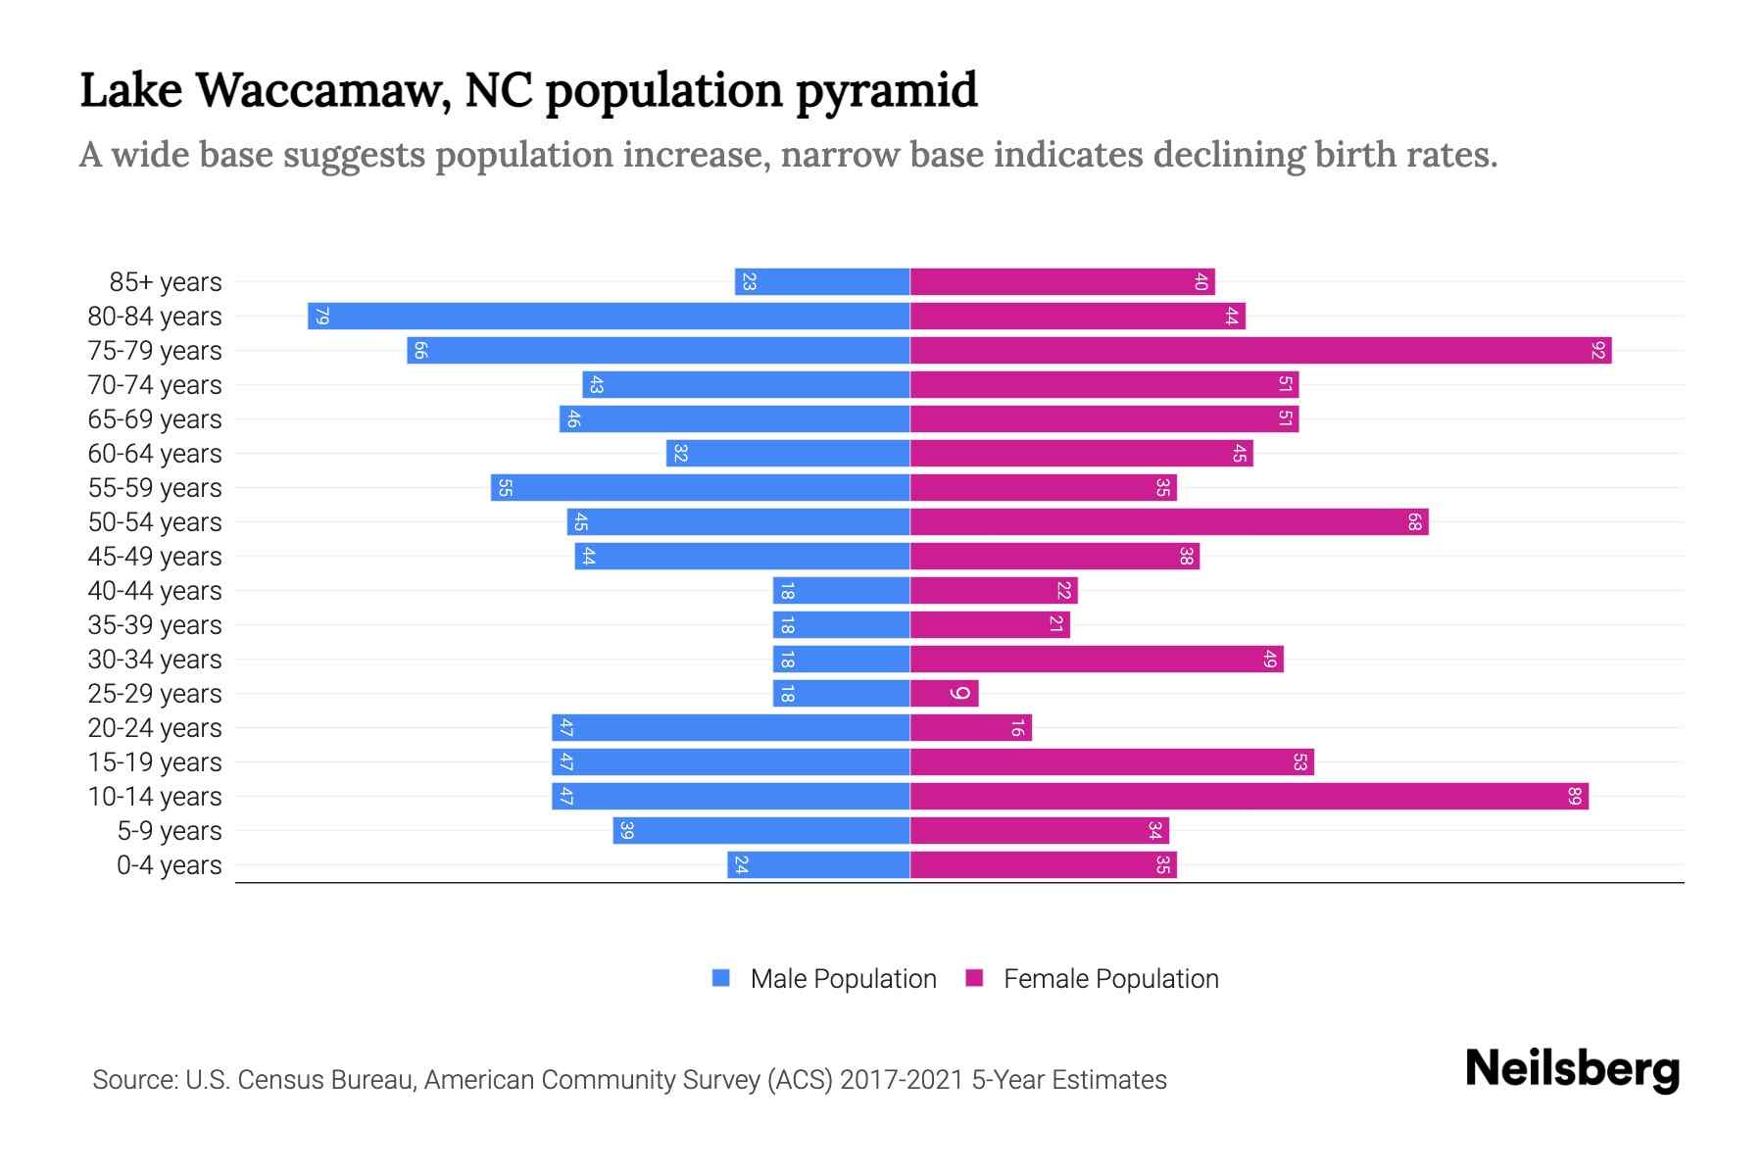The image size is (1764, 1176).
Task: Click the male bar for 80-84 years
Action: coord(609,317)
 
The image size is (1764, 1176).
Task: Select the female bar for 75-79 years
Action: coord(1260,351)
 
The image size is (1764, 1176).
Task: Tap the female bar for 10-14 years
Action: coord(1249,797)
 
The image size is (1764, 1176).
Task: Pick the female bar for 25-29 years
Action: coord(944,694)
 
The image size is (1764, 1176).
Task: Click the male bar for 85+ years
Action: coord(822,282)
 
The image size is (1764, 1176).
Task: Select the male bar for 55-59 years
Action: coord(700,488)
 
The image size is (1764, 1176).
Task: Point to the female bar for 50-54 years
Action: coord(1168,522)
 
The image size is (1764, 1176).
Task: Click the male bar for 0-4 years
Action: coord(818,865)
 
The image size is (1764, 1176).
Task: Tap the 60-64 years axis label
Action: coord(155,454)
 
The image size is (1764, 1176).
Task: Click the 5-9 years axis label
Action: coord(170,831)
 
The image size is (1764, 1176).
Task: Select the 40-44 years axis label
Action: coord(155,591)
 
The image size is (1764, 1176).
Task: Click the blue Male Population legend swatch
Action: coord(721,978)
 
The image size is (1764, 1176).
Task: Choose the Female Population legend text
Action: coord(1110,979)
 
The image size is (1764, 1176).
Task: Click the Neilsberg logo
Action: coord(1572,1069)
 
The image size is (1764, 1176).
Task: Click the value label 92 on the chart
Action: coord(1597,351)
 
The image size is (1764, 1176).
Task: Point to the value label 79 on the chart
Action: coord(321,317)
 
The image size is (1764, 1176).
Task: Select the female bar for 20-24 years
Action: coord(970,728)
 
